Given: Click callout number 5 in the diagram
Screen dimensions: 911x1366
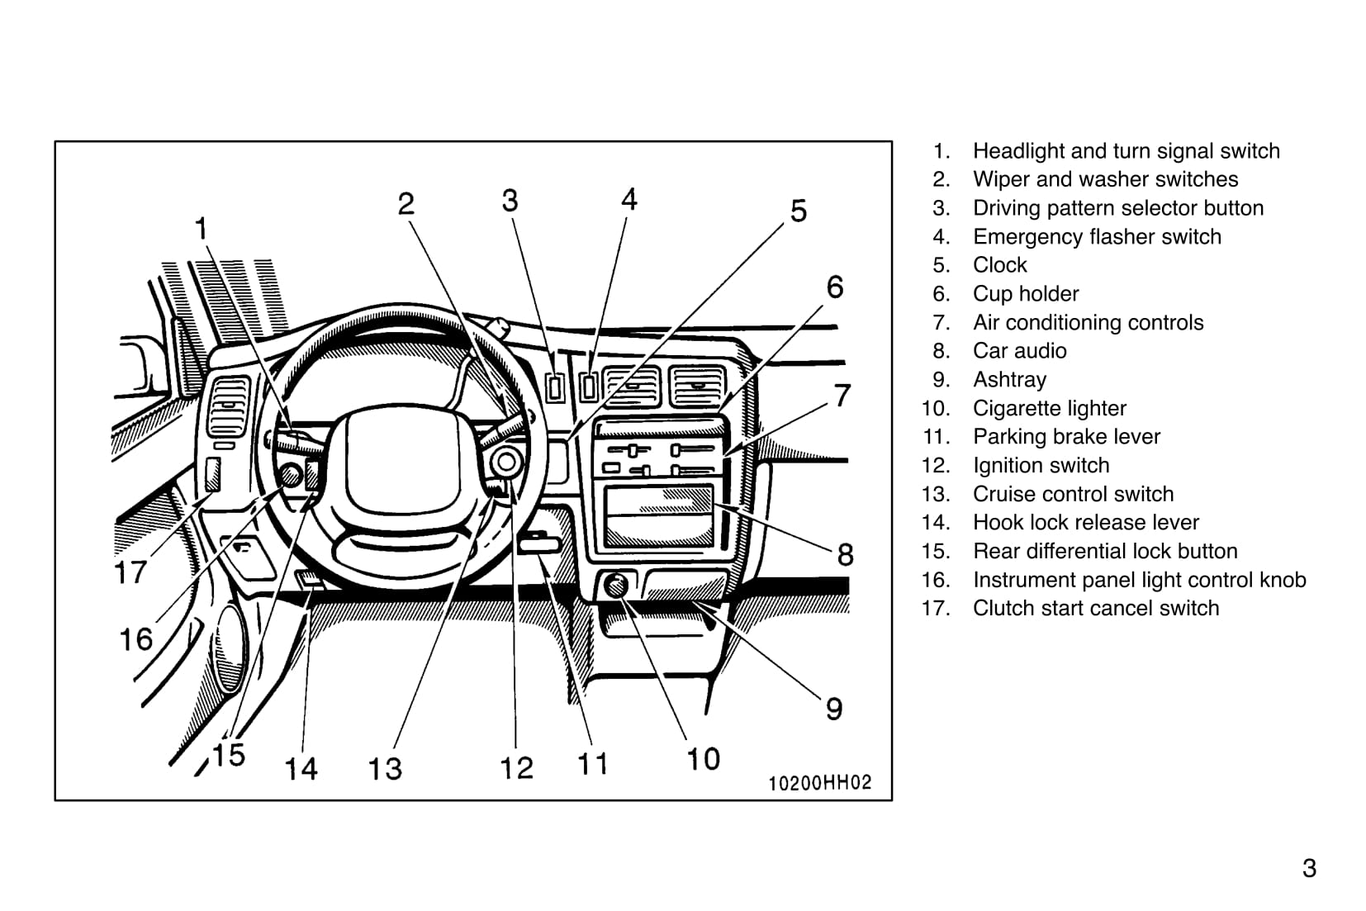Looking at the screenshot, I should [798, 211].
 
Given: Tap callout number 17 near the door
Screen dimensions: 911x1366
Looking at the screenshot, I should [130, 571].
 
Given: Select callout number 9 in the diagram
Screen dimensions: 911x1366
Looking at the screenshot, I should [834, 709].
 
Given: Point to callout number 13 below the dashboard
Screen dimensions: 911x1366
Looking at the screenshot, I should [385, 768].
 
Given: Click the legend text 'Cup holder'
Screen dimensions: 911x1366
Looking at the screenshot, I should [1026, 294].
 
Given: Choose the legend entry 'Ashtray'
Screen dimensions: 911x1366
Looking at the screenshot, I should [1009, 380].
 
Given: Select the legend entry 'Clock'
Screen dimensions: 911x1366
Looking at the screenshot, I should [999, 265].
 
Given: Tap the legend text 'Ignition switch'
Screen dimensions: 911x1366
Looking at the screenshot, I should [1041, 466].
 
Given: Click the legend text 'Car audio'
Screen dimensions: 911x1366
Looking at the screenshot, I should [1019, 351].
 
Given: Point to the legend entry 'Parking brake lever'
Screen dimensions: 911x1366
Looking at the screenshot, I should [1066, 437].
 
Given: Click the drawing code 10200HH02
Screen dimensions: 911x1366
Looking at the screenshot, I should [819, 782].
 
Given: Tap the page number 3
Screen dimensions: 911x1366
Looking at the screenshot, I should [1309, 868].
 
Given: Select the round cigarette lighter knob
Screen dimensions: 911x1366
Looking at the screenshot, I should [616, 586].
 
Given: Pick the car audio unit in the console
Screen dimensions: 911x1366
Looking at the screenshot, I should [658, 516].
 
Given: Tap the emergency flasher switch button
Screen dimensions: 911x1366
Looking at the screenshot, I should [589, 386].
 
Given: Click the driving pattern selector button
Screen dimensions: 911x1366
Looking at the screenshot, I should [555, 387].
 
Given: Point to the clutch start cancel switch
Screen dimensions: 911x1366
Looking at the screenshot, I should [212, 475].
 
